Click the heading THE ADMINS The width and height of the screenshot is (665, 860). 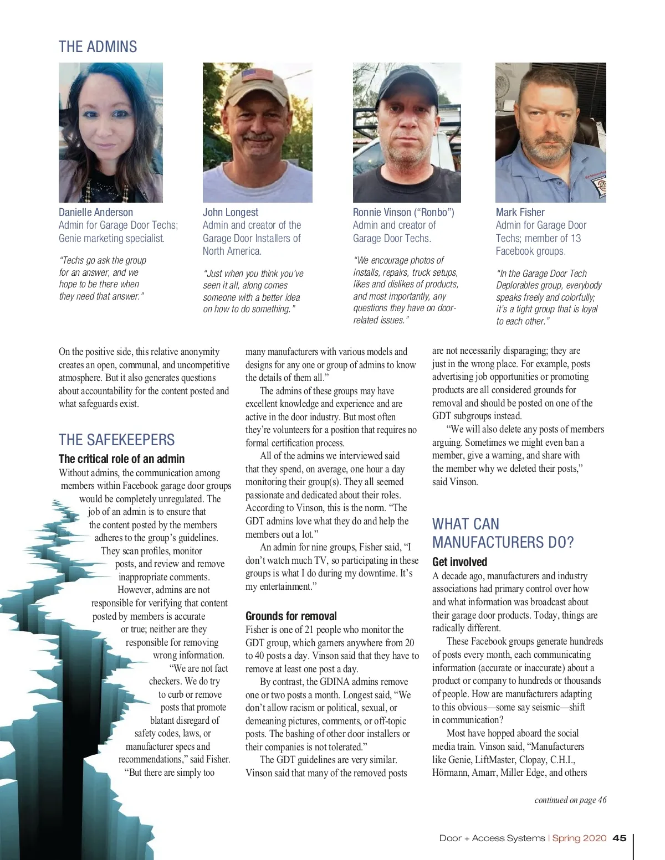pos(98,47)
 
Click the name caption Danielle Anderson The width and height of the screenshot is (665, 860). pos(96,212)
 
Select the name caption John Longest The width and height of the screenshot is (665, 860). pos(231,212)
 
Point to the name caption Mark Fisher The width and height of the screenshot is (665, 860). pos(520,212)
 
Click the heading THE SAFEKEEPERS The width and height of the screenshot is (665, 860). pos(116,440)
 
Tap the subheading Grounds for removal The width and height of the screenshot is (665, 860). pos(291,616)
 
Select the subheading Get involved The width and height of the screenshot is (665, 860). pos(459,562)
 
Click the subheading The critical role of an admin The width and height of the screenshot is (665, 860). pos(121,459)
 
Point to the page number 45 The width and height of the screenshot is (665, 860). pos(620,838)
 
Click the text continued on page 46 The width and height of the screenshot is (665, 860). pos(570,800)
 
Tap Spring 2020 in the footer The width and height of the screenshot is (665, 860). pos(579,838)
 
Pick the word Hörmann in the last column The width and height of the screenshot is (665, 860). pos(451,773)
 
